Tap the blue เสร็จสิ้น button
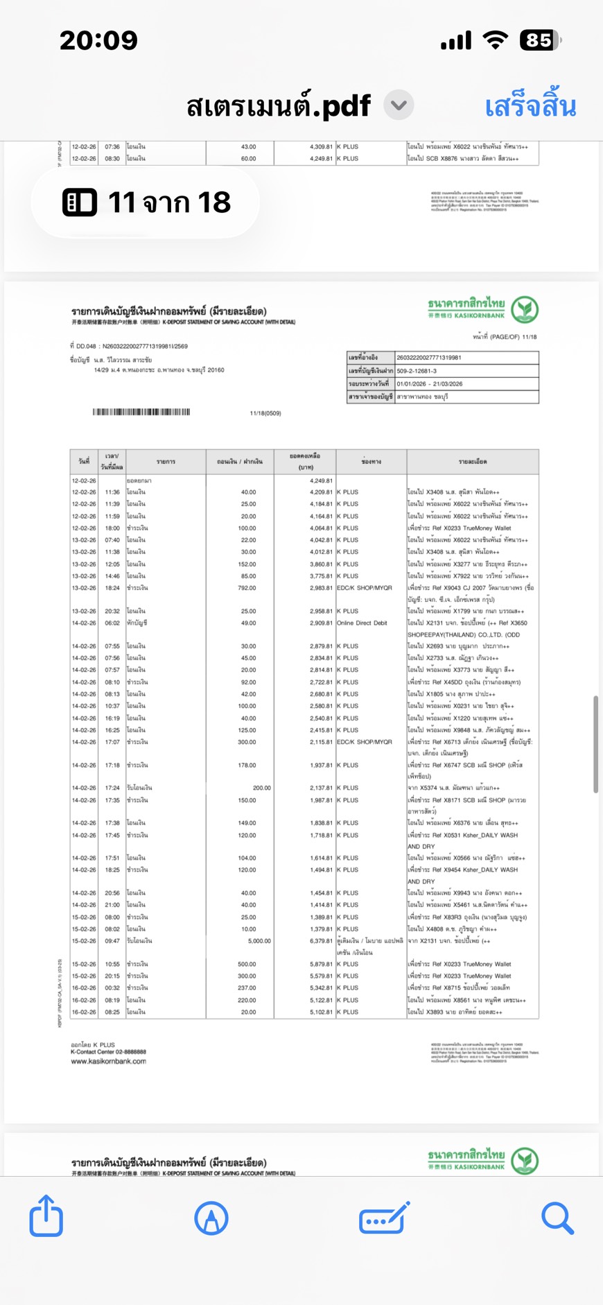point(530,107)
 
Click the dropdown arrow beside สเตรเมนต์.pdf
point(399,105)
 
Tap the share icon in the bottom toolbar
point(46,1216)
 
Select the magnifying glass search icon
point(557,1218)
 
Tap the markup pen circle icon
point(211,1218)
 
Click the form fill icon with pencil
point(384,1218)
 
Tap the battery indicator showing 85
point(540,40)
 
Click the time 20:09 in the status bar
point(98,40)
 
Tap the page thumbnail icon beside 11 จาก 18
point(80,202)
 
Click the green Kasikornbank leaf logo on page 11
point(525,309)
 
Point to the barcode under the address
point(141,412)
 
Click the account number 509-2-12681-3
point(417,371)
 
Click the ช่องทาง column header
point(372,461)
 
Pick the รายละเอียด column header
point(473,461)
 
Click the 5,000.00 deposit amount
point(259,941)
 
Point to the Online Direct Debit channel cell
point(362,623)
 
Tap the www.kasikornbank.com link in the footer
point(108,1061)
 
